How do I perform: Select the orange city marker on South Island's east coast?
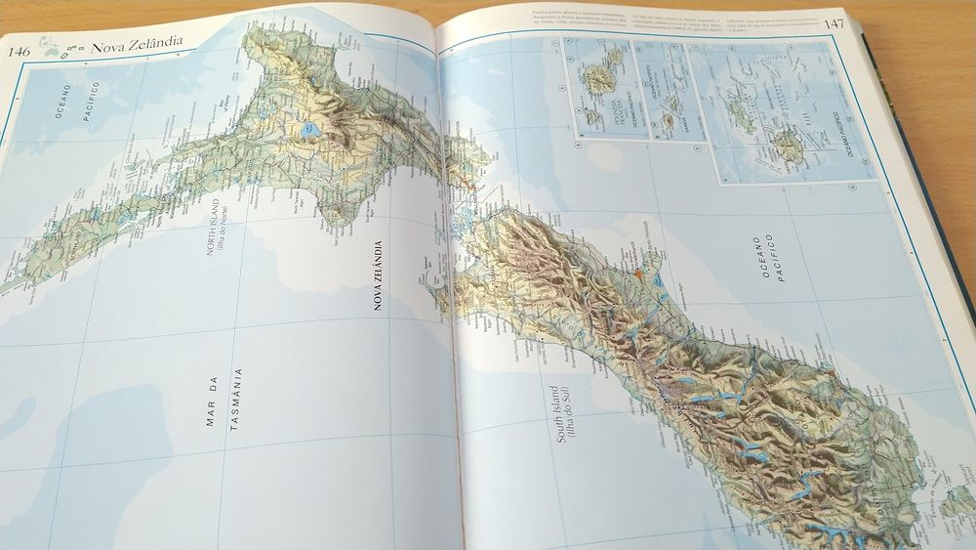637,266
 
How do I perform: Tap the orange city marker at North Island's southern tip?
471,182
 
